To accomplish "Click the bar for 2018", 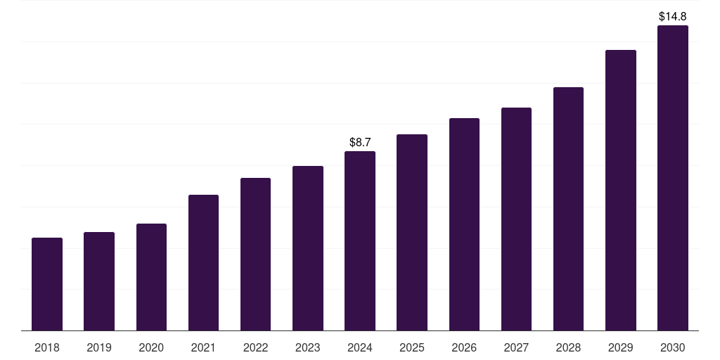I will [47, 284].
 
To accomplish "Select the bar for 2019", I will [99, 281].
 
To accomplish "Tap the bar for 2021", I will [203, 263].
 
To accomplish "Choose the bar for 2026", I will [464, 224].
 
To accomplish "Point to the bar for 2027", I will [516, 219].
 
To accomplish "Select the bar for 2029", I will [621, 191].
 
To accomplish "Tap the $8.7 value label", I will [360, 143].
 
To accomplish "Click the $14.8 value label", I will [673, 16].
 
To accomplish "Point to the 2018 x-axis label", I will [47, 347].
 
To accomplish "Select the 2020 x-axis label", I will [151, 347].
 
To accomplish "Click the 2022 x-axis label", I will [255, 347].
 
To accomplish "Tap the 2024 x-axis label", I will [360, 347].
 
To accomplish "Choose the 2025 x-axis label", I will [412, 347].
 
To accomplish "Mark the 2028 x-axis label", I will [568, 347].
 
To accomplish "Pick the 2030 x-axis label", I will [673, 347].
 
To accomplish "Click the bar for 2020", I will [151, 277].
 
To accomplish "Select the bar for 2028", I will [568, 209].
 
